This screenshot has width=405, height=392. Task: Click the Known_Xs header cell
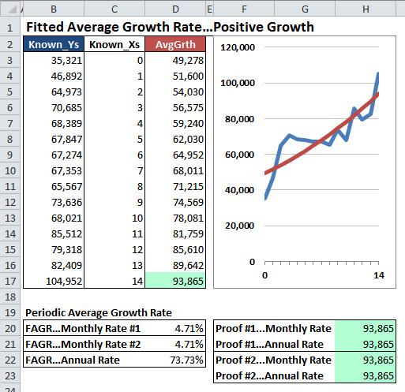(115, 44)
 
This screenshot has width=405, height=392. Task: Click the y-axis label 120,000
(236, 47)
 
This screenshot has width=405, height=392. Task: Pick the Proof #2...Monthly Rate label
(273, 360)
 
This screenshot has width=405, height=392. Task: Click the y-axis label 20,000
(238, 226)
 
